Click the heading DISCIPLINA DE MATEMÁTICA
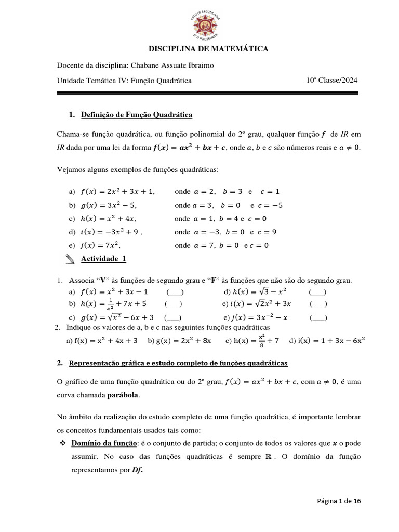tap(209, 49)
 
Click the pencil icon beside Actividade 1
tap(71, 259)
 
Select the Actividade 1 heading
tap(103, 258)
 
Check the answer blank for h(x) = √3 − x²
tap(317, 292)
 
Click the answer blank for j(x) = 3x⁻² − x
tap(318, 317)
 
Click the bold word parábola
tap(123, 395)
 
